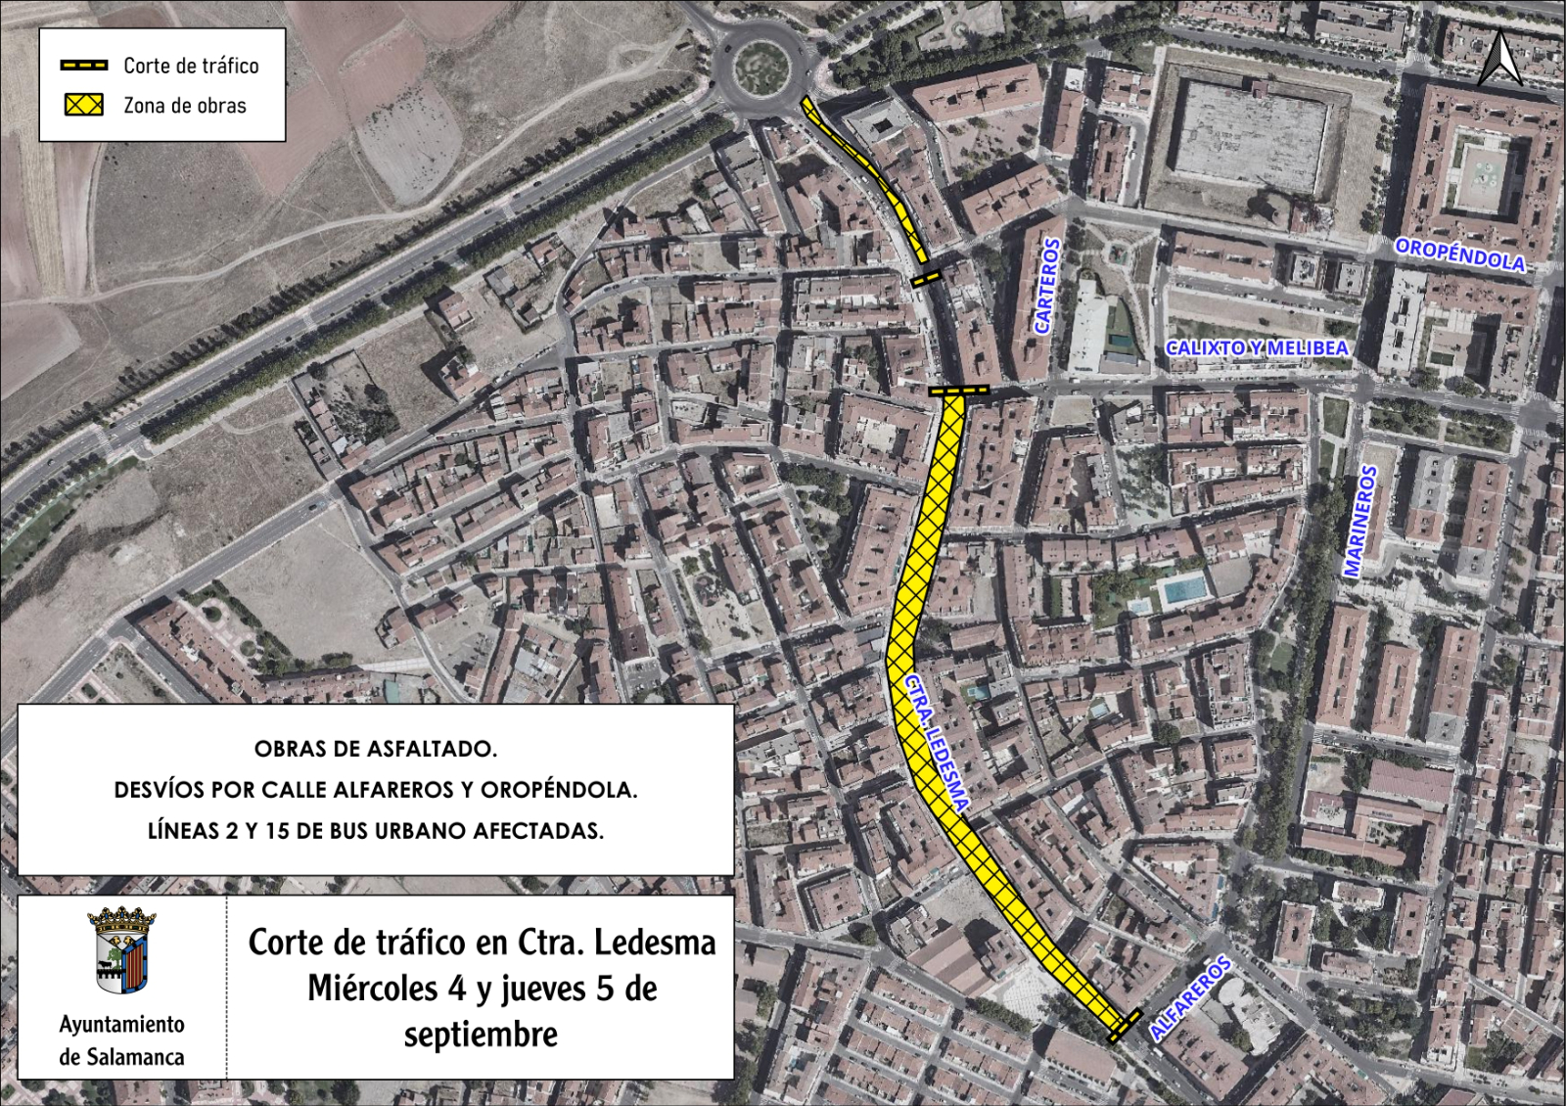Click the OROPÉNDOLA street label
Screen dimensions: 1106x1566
pyautogui.click(x=1459, y=254)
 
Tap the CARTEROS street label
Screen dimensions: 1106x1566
pyautogui.click(x=1047, y=286)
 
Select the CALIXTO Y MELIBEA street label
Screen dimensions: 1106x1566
pyautogui.click(x=1257, y=347)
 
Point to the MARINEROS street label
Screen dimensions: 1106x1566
pyautogui.click(x=1360, y=521)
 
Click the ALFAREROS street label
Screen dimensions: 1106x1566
pyautogui.click(x=1190, y=997)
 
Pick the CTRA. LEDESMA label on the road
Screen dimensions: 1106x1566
pyautogui.click(x=936, y=743)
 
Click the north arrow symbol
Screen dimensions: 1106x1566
pyautogui.click(x=1499, y=58)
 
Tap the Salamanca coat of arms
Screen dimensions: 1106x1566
pyautogui.click(x=121, y=949)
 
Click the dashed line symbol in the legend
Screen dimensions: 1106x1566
pyautogui.click(x=84, y=66)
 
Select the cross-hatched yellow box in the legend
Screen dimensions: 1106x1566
pyautogui.click(x=84, y=106)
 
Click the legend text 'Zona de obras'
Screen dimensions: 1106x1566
pyautogui.click(x=185, y=106)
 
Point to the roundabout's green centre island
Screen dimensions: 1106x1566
pyautogui.click(x=761, y=69)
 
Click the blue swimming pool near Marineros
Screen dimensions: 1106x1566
pyautogui.click(x=1182, y=590)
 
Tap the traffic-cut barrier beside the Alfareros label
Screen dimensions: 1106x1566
pyautogui.click(x=1126, y=1025)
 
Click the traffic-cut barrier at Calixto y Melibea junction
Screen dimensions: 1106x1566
pyautogui.click(x=958, y=391)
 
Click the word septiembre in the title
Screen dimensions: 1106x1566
pyautogui.click(x=481, y=1035)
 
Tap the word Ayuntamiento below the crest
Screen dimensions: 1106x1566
pyautogui.click(x=121, y=1024)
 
